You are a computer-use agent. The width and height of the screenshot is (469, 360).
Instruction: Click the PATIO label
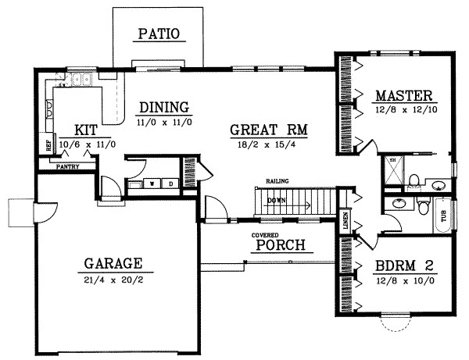coord(159,34)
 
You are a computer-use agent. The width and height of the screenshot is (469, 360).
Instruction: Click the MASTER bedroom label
coord(403,96)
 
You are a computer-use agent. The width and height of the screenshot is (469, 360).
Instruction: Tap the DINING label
coord(164,107)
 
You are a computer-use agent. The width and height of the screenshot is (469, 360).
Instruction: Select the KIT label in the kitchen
coord(86,130)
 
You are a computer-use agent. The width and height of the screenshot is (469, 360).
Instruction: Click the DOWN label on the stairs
coord(276,200)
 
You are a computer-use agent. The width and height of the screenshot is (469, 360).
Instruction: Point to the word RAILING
coord(277,181)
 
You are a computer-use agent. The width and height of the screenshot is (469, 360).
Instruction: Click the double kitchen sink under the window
coord(82,79)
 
